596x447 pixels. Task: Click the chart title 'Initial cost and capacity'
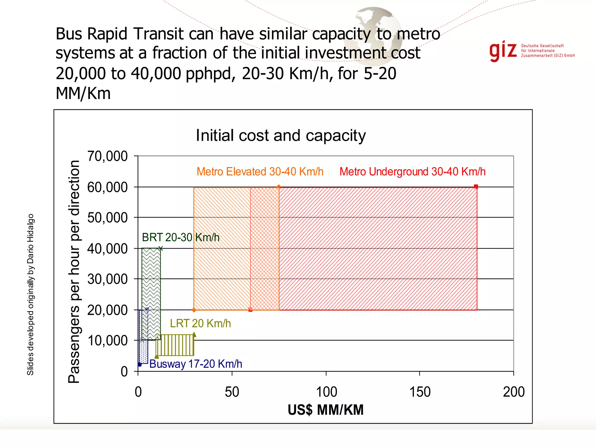coord(281,136)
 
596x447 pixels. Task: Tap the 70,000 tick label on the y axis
coord(107,156)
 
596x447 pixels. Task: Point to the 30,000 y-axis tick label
coord(107,279)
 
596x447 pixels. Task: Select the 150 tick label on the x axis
coord(420,392)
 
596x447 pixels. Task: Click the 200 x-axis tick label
coord(514,392)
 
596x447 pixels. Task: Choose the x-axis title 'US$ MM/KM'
coord(326,410)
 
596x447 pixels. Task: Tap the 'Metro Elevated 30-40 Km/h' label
coord(260,172)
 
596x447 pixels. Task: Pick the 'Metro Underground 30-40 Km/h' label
coord(412,172)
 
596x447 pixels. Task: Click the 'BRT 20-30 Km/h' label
coord(180,237)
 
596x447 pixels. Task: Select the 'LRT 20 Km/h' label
coord(200,324)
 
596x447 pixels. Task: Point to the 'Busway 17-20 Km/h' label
coord(196,364)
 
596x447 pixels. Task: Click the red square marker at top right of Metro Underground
coord(476,187)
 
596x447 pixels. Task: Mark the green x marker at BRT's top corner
coord(161,249)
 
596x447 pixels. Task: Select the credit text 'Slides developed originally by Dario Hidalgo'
coord(31,295)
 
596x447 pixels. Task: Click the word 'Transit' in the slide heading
coord(159,34)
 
